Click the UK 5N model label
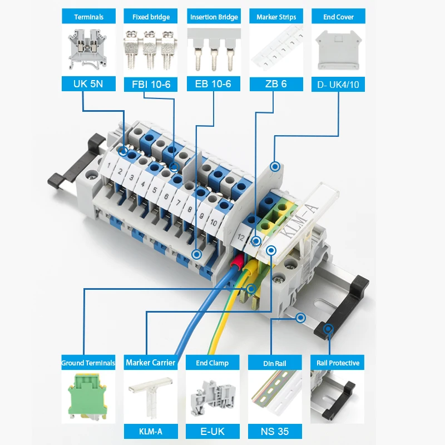tap(88, 85)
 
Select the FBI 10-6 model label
tap(151, 85)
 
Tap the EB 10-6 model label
tap(213, 85)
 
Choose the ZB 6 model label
tap(276, 85)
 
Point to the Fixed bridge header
tap(151, 17)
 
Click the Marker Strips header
tap(276, 17)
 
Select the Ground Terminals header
tap(88, 363)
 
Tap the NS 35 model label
tap(274, 431)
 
